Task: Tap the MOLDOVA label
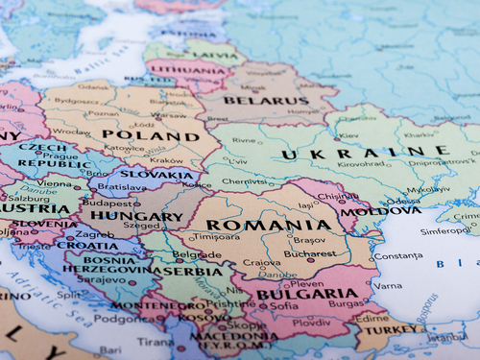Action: tap(368, 211)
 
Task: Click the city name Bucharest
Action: tap(309, 253)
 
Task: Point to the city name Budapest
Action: tap(108, 204)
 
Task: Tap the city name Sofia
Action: tap(283, 306)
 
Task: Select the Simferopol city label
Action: tap(445, 230)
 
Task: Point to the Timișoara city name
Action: tap(215, 236)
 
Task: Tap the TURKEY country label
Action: tap(392, 328)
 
